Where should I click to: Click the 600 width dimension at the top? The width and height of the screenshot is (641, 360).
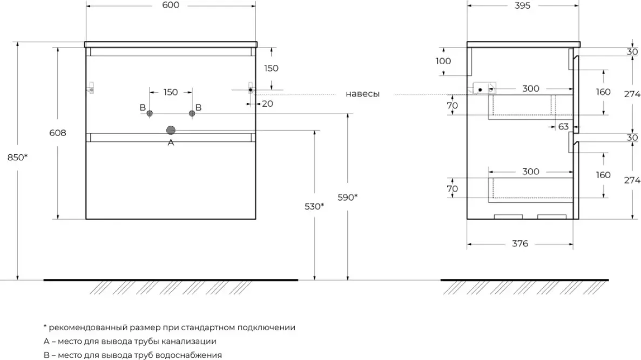click(170, 5)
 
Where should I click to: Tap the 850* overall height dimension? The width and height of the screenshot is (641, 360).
click(17, 158)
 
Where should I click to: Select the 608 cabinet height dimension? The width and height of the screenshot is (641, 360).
click(58, 133)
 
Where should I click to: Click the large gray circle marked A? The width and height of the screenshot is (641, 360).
click(171, 130)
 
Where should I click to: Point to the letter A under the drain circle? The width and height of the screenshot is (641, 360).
click(171, 142)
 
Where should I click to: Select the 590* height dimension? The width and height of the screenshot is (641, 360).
click(347, 197)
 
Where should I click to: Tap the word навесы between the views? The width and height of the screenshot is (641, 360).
click(362, 94)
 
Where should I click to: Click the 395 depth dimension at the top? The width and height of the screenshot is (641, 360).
click(522, 5)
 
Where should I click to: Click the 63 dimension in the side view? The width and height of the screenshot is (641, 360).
click(563, 127)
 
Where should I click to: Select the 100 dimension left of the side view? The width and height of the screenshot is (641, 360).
click(443, 61)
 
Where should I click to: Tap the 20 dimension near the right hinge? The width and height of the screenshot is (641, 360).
click(267, 104)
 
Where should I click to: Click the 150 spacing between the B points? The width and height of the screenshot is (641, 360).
click(170, 92)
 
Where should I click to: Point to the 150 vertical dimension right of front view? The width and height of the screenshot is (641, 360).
click(271, 68)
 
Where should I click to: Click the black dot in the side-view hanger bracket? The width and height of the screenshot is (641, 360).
click(479, 89)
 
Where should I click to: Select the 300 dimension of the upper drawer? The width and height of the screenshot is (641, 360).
click(531, 89)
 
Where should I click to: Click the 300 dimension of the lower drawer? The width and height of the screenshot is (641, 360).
click(531, 172)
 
